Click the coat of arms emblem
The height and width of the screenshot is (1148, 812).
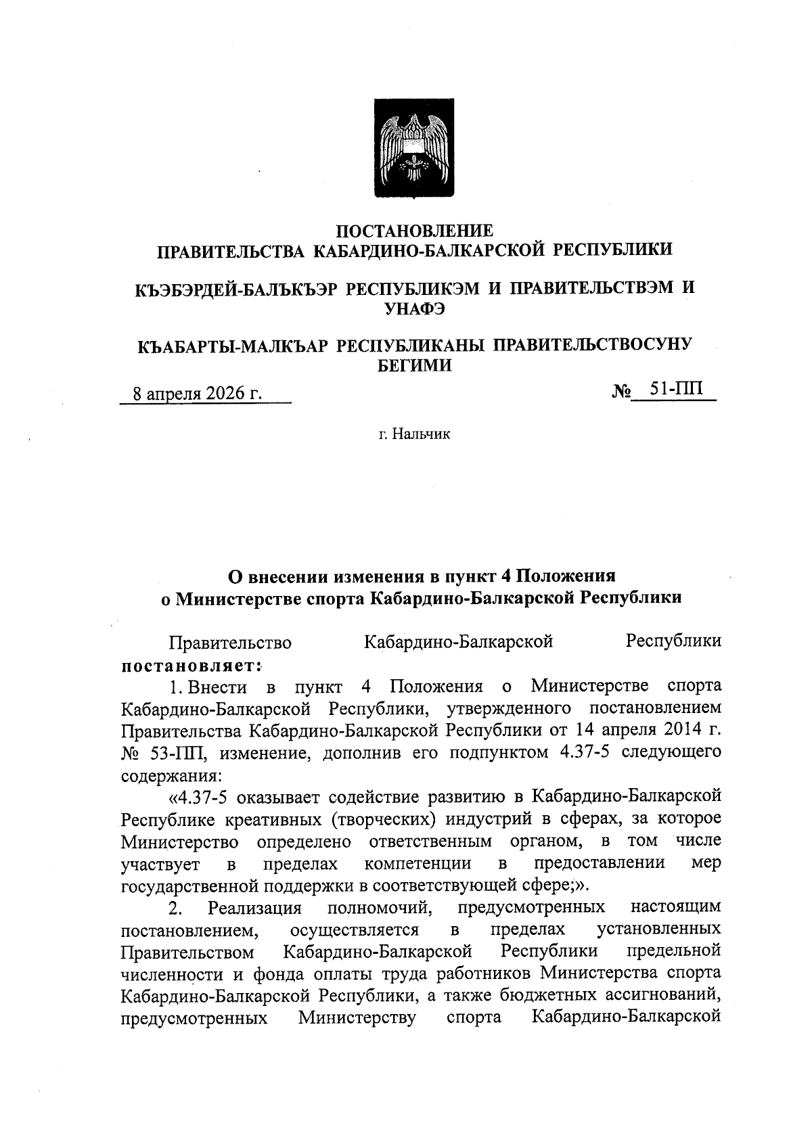tap(415, 147)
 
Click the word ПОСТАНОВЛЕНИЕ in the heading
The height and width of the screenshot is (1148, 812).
tap(415, 230)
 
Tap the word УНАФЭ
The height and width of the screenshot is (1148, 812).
tap(415, 309)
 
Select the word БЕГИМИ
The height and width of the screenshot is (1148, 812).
tap(415, 366)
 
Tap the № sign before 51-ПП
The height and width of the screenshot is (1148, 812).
tap(621, 391)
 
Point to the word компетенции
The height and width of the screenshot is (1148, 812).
tap(418, 863)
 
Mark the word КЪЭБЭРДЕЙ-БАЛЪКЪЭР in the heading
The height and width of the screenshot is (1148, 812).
tap(234, 288)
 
